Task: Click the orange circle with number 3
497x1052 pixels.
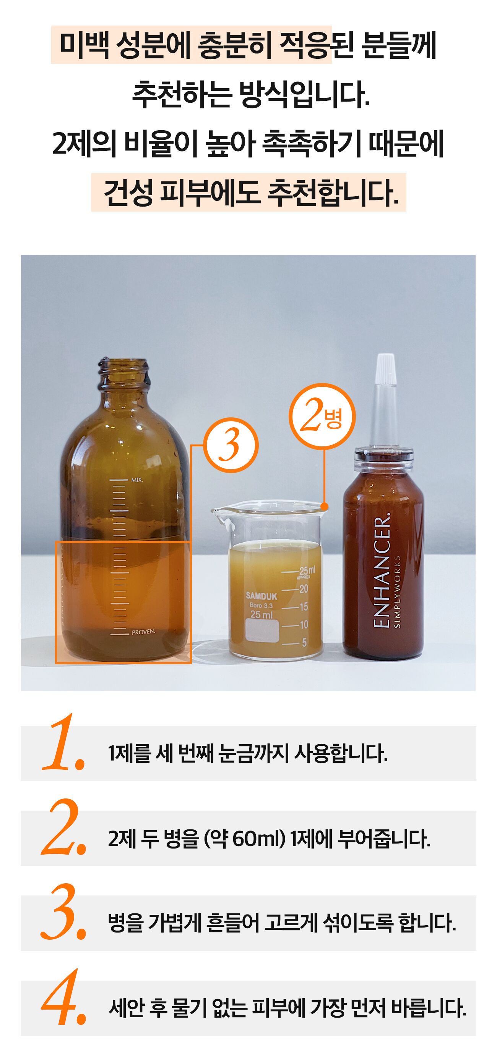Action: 231,445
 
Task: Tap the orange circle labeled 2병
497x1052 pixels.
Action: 322,417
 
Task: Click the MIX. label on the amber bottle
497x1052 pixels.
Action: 137,480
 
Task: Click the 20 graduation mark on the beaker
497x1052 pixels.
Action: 304,589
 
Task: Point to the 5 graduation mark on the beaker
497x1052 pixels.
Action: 304,643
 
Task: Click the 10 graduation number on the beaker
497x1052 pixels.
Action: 304,625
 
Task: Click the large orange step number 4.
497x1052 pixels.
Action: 64,997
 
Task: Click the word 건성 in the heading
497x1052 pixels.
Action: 128,192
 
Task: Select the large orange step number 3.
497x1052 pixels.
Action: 63,912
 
